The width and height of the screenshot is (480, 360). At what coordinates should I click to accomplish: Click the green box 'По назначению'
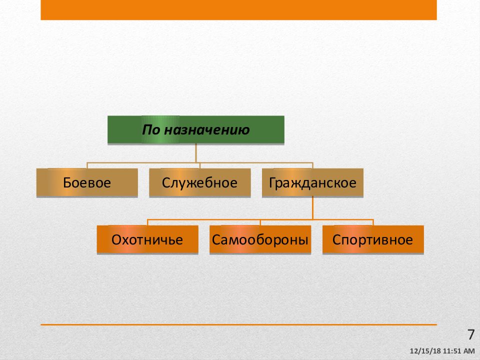[x=196, y=130]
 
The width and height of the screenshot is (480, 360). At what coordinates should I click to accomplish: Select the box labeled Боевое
[x=87, y=182]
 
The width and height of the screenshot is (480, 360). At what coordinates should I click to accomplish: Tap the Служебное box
[x=199, y=182]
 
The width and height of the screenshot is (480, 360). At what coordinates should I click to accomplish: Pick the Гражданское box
[x=312, y=182]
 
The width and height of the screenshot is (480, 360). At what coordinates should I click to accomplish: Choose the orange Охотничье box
[x=147, y=239]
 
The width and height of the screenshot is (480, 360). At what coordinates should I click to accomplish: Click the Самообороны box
[x=260, y=239]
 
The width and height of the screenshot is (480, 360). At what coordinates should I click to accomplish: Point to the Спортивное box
[x=373, y=239]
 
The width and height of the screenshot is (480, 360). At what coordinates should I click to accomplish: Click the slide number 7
[x=471, y=334]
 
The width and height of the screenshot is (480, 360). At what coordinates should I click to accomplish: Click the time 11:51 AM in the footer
[x=458, y=351]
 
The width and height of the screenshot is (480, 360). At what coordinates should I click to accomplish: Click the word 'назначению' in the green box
[x=207, y=130]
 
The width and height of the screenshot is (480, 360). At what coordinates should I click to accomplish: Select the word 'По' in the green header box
[x=151, y=130]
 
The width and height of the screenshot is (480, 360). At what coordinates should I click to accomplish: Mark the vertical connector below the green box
[x=196, y=153]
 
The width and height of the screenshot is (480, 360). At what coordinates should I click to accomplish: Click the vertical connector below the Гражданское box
[x=312, y=208]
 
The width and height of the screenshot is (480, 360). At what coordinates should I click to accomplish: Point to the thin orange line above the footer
[x=239, y=324]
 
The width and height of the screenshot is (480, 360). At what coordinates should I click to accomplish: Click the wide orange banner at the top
[x=239, y=10]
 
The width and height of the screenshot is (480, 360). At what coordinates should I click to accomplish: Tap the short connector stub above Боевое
[x=87, y=165]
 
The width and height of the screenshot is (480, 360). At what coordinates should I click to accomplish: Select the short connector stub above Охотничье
[x=147, y=222]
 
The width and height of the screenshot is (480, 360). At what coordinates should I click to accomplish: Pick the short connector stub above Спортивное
[x=373, y=222]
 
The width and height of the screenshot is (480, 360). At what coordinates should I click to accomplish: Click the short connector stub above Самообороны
[x=260, y=222]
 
